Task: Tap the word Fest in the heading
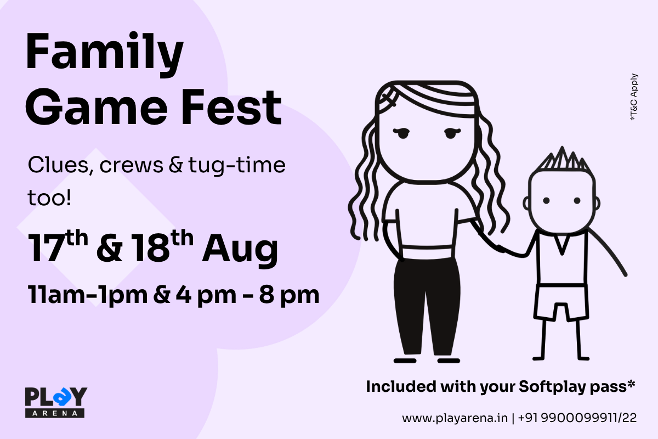pyautogui.click(x=232, y=108)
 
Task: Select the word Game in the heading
pyautogui.click(x=97, y=108)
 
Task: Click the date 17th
pyautogui.click(x=58, y=246)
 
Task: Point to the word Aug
pyautogui.click(x=240, y=250)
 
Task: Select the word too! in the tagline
pyautogui.click(x=49, y=198)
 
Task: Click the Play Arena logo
pyautogui.click(x=56, y=402)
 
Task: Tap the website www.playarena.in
pyautogui.click(x=455, y=418)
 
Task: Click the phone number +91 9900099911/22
pyautogui.click(x=577, y=418)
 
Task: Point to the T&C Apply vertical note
pyautogui.click(x=634, y=97)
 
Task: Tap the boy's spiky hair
pyautogui.click(x=562, y=160)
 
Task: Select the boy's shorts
pyautogui.click(x=561, y=302)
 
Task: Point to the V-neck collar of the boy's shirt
pyautogui.click(x=561, y=244)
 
